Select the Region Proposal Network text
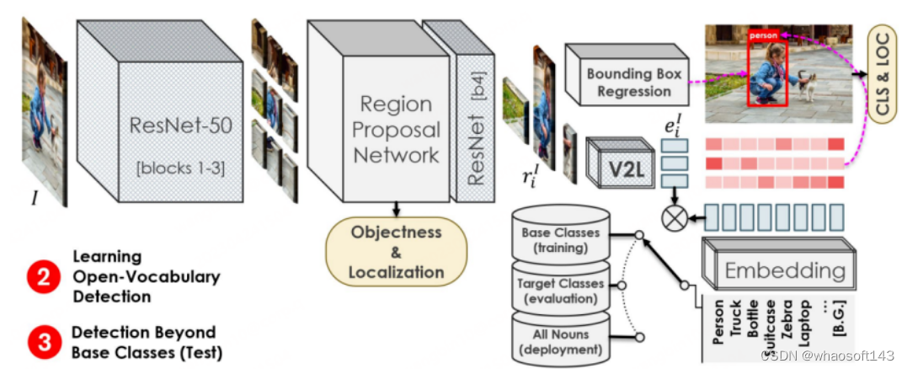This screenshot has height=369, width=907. (396, 130)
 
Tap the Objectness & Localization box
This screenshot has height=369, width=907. (396, 250)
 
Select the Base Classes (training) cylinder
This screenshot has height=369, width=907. (561, 239)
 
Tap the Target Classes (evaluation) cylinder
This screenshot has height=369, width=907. (561, 290)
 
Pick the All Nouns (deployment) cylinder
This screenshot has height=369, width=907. (561, 341)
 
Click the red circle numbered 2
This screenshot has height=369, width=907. (41, 275)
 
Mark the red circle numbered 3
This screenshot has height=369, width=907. (41, 341)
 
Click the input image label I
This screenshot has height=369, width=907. (35, 198)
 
